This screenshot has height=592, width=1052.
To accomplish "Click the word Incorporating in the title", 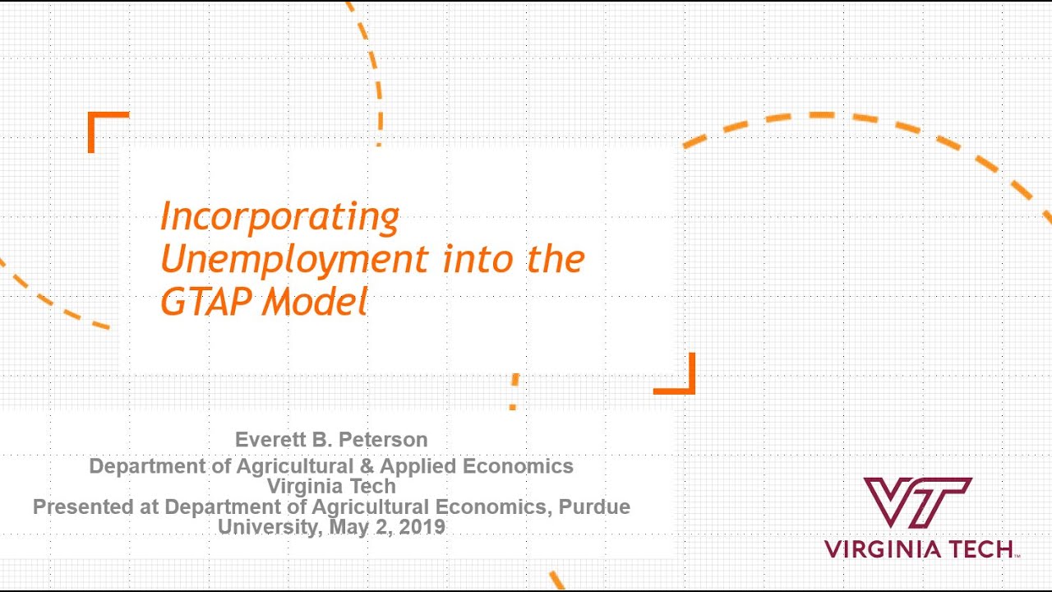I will point(279,217).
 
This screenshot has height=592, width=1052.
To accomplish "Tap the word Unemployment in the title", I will point(293,260).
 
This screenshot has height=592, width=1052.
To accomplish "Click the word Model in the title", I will point(314,303).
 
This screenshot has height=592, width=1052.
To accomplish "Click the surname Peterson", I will point(385,440).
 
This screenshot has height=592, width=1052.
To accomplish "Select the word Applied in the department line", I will point(418,466).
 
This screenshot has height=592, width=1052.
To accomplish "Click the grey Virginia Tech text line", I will point(331,486).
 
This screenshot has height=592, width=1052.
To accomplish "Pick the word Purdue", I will point(594,506).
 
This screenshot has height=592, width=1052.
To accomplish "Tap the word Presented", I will point(83,506).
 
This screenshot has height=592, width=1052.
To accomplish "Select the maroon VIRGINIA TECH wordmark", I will point(919,549).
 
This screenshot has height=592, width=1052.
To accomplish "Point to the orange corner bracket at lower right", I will point(681,380).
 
